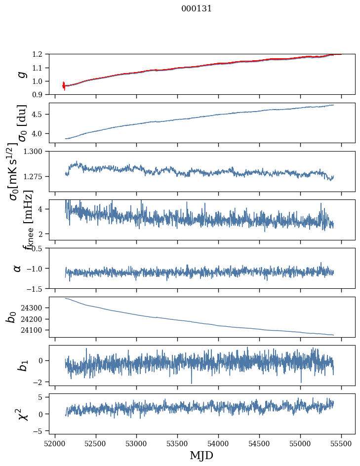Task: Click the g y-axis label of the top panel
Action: (21, 75)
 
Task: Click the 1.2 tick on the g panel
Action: (41, 54)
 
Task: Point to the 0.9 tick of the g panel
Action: (41, 94)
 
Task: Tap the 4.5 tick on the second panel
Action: (41, 114)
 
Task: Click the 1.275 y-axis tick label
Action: (38, 176)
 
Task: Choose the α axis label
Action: (17, 268)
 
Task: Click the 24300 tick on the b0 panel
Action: (35, 308)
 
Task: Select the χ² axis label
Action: (21, 414)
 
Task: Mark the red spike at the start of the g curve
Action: (64, 85)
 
